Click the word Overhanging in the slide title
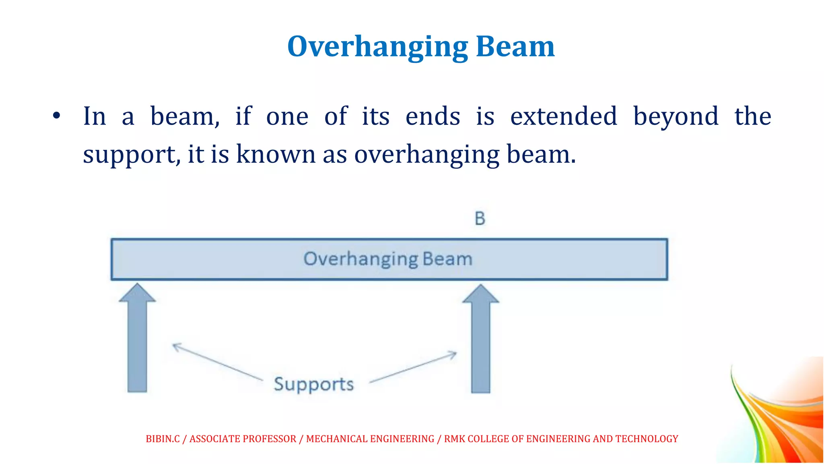pos(377,47)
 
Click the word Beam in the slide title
pos(515,47)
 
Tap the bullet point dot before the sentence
pos(56,116)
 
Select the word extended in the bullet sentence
pos(563,116)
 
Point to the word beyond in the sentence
pos(676,116)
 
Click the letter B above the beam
pos(480,219)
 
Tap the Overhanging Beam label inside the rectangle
pos(388,259)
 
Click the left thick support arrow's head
pos(137,293)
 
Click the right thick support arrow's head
pos(480,294)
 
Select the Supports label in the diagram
pos(314,384)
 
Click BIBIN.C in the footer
pos(163,439)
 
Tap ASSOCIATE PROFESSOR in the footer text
pos(243,439)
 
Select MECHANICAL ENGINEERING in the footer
pos(370,439)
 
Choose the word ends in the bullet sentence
pos(433,116)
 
